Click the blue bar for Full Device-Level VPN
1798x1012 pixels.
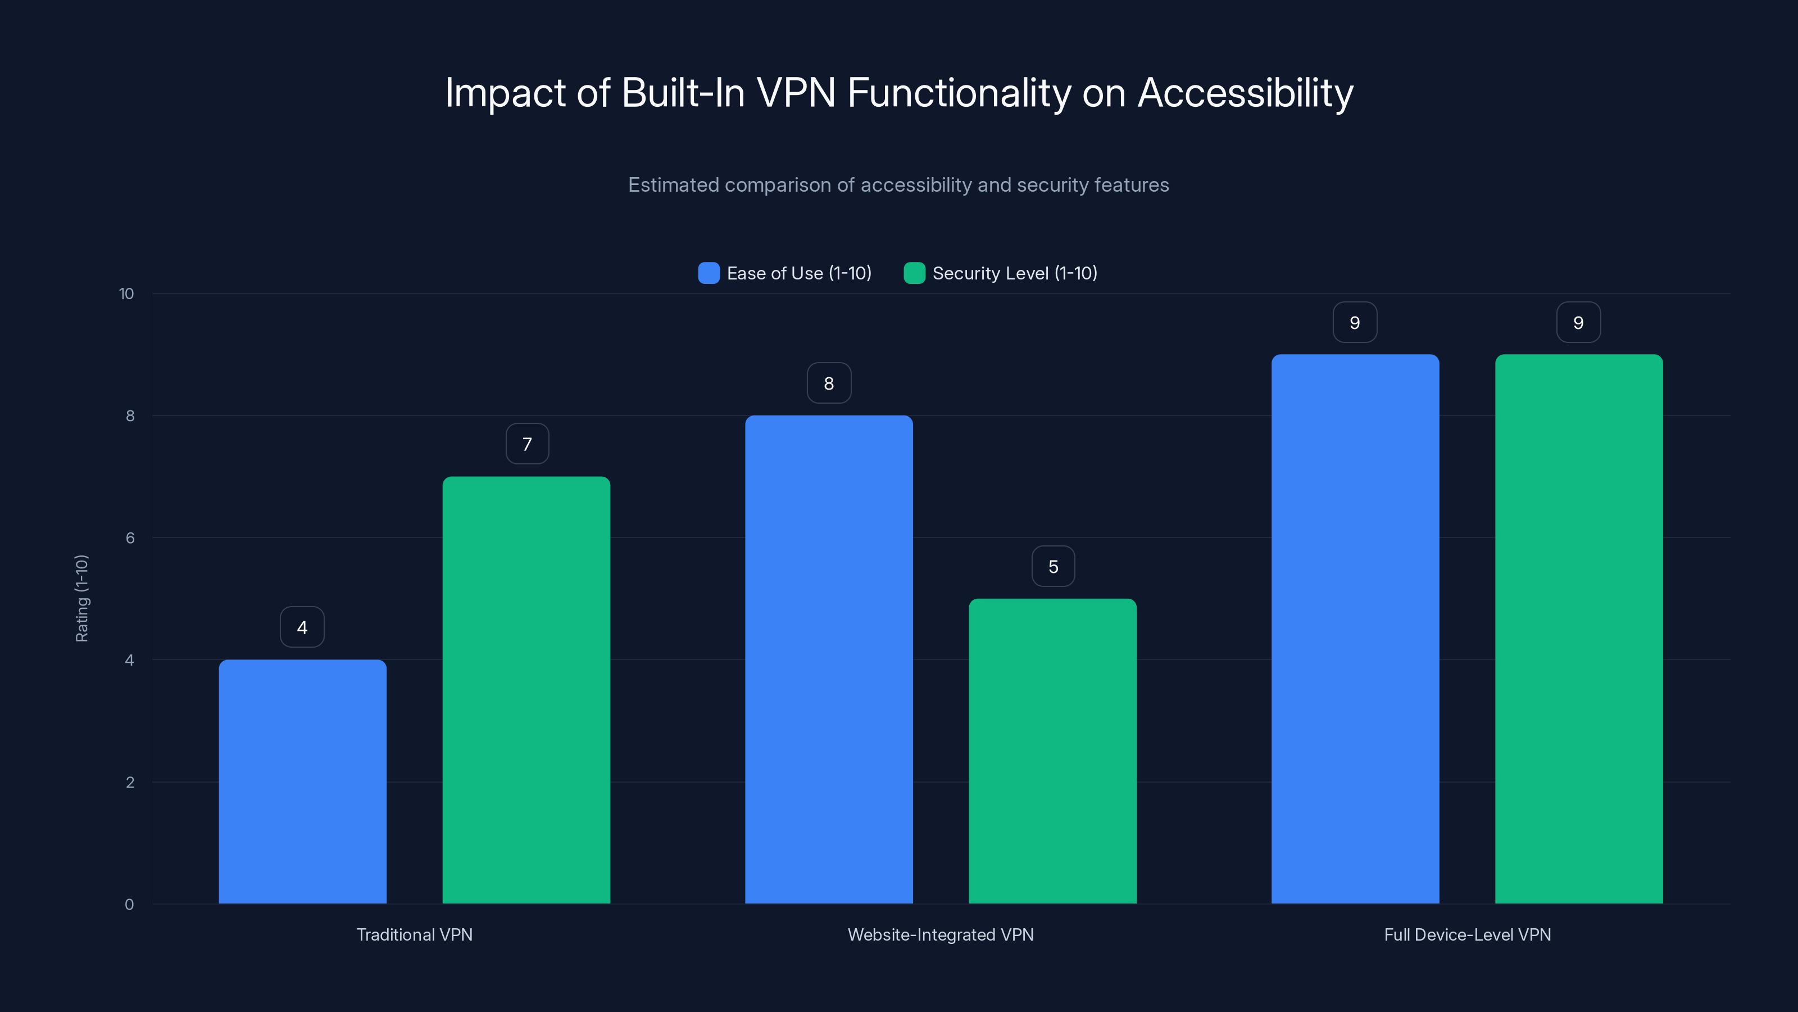(1355, 629)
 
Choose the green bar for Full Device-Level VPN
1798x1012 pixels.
(1579, 629)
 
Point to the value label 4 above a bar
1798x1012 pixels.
(302, 627)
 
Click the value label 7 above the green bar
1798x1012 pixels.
(527, 444)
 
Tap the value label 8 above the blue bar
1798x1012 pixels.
(829, 383)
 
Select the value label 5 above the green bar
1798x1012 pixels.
(1054, 566)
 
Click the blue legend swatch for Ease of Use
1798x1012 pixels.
(709, 273)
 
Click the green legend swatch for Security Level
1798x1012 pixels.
(914, 273)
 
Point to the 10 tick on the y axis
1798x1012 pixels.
(126, 293)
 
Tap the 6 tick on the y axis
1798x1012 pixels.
(130, 538)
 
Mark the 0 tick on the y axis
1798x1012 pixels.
(129, 905)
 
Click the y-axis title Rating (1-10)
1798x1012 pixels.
(81, 599)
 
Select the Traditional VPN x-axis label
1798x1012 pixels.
(415, 934)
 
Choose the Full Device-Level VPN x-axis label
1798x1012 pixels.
(1467, 934)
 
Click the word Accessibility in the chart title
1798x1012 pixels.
(1245, 93)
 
